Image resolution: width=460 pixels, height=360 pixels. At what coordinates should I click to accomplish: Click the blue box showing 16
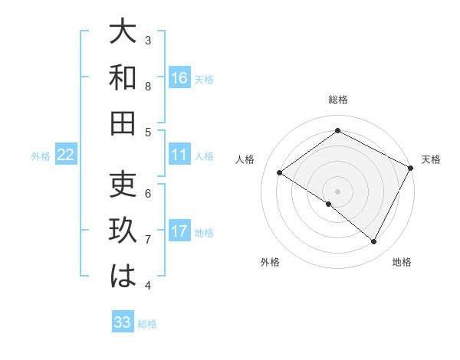[x=179, y=77]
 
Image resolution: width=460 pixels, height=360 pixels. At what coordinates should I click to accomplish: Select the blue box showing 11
[x=179, y=155]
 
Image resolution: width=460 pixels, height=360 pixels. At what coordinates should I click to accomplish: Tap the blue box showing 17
[x=179, y=231]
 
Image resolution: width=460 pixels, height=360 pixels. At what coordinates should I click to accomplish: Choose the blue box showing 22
[x=66, y=155]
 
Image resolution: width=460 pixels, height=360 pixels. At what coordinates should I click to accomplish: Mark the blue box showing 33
[x=123, y=322]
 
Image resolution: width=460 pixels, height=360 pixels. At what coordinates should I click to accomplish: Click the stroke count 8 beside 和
[x=148, y=87]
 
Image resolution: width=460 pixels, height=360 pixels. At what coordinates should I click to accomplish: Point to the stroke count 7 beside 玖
[x=148, y=240]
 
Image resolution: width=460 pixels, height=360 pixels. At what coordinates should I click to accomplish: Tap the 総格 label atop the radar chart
[x=338, y=100]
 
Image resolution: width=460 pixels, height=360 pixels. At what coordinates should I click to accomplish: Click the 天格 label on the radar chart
[x=431, y=159]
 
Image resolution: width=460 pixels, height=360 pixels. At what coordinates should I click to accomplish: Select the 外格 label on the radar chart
[x=270, y=262]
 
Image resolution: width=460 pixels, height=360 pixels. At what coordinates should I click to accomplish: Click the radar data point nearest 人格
[x=279, y=173]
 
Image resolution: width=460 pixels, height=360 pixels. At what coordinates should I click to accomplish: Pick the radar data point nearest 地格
[x=374, y=242]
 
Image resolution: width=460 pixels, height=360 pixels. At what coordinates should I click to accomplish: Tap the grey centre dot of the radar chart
[x=337, y=191]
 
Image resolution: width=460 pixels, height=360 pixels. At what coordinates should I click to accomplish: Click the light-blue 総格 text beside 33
[x=147, y=324]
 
